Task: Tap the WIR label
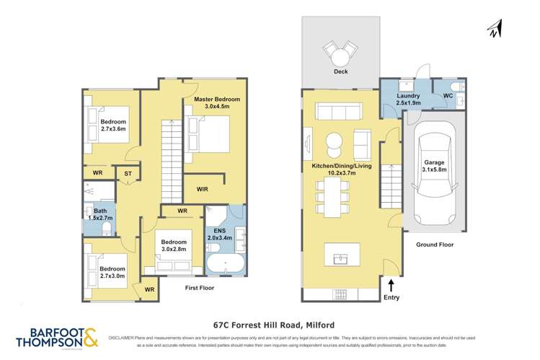coord(203,189)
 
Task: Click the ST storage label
coord(127,173)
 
